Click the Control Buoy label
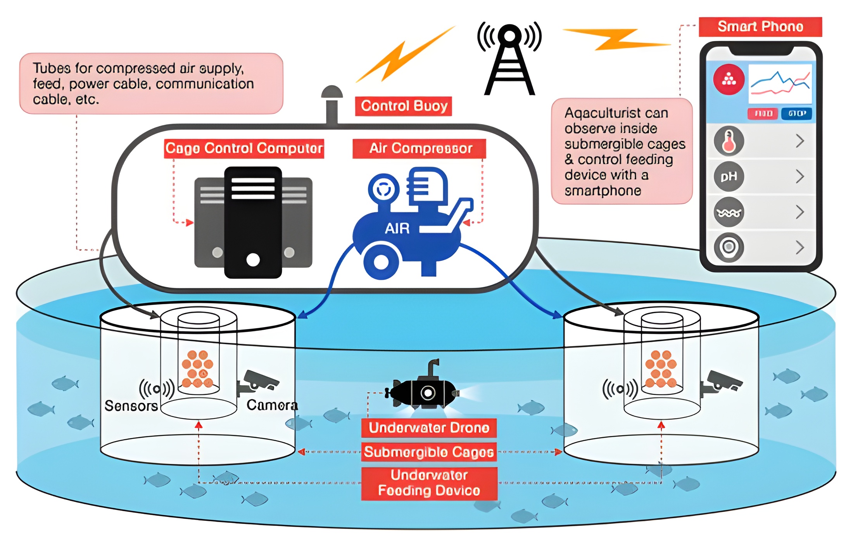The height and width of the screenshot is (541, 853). (x=403, y=106)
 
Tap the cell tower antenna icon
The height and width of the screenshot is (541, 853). (x=509, y=58)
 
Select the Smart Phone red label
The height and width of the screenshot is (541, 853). (x=760, y=27)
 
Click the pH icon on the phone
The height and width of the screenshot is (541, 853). (x=729, y=177)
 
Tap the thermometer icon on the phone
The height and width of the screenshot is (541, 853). (x=729, y=141)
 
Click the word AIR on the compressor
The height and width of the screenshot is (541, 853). (x=397, y=229)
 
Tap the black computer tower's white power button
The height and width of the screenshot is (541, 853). (x=253, y=260)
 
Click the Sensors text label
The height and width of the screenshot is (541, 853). (x=131, y=406)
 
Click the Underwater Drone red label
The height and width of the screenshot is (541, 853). (x=429, y=428)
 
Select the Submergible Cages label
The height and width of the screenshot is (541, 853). (x=429, y=452)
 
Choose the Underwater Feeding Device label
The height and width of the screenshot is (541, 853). (x=429, y=483)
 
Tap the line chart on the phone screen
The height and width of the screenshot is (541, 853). (x=780, y=83)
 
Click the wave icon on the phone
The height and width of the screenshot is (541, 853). (x=729, y=212)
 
